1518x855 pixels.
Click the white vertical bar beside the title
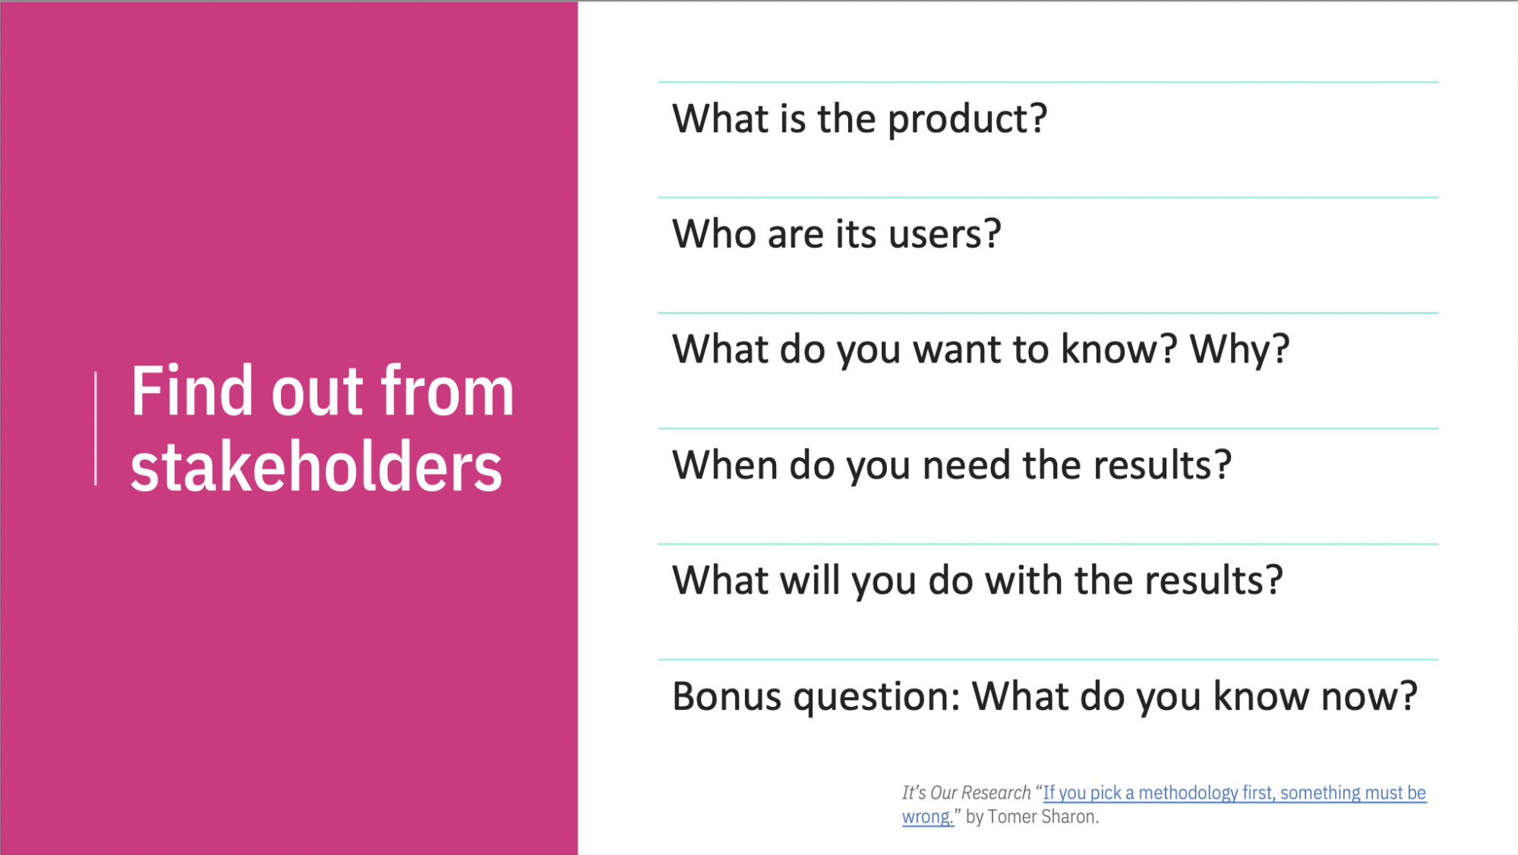pyautogui.click(x=96, y=428)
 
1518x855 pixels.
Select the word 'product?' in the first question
pyautogui.click(x=967, y=119)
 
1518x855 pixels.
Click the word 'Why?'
pyautogui.click(x=1239, y=349)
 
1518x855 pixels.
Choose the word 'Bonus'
pyautogui.click(x=727, y=696)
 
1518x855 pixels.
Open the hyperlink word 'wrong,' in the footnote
pyautogui.click(x=926, y=817)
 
